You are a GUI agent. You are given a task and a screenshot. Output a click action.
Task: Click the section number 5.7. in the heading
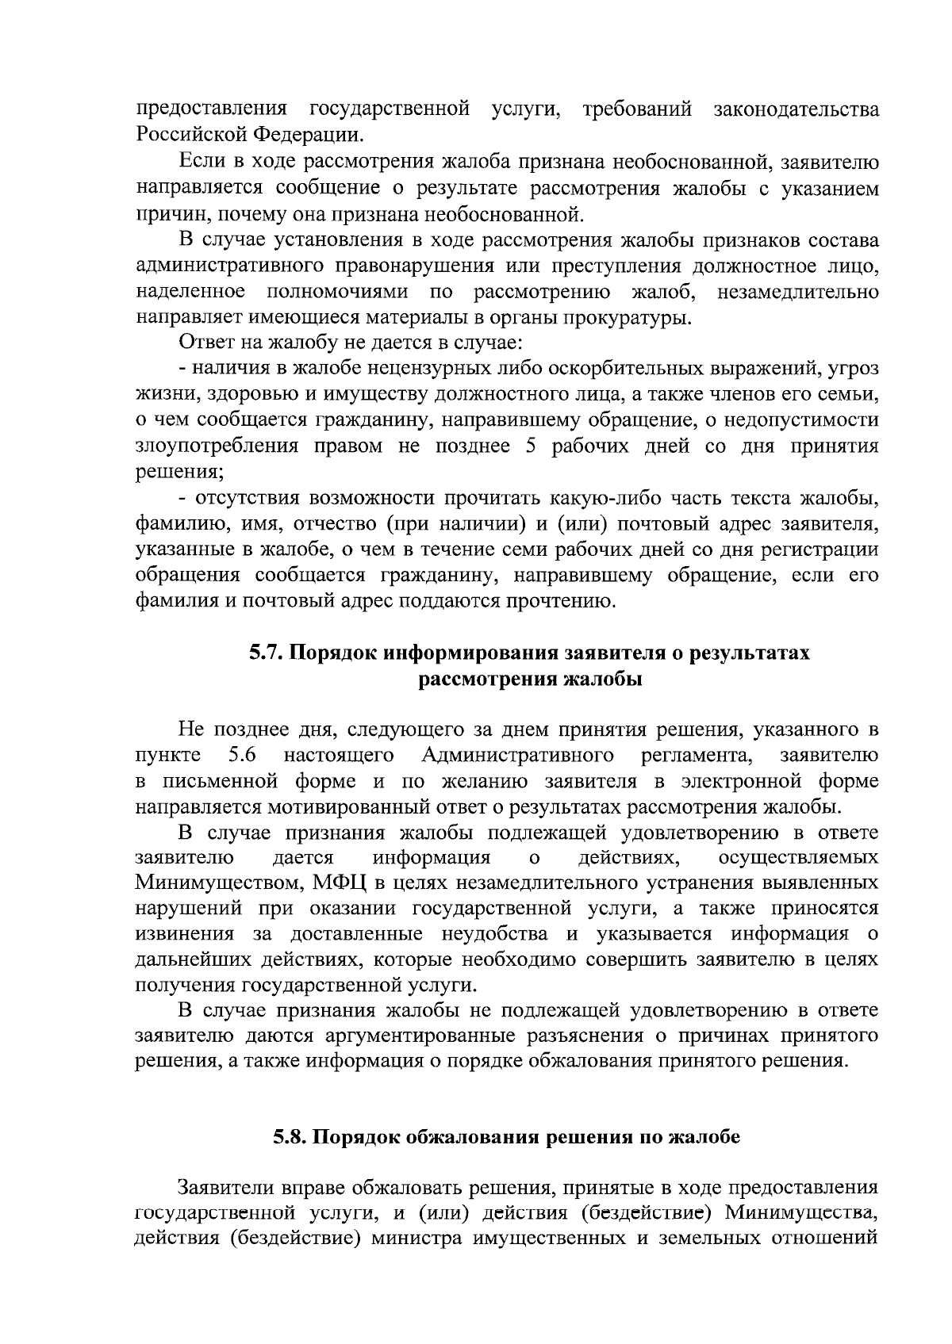[266, 653]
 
